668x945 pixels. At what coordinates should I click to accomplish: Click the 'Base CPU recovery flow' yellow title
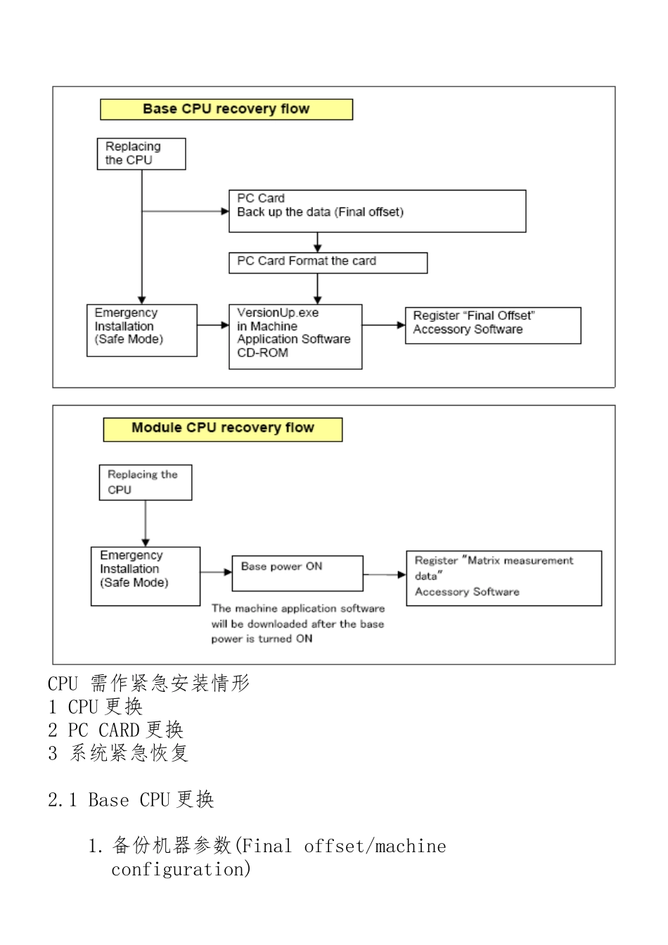[226, 109]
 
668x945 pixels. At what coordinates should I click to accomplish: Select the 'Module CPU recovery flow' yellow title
[222, 428]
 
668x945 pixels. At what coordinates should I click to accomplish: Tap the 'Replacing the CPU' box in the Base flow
[141, 153]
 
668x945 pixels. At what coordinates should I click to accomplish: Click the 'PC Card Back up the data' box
[377, 211]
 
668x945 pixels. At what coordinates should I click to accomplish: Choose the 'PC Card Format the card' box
[328, 262]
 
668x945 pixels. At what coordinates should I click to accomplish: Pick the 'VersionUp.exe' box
[295, 336]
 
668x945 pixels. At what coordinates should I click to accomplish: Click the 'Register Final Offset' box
[492, 325]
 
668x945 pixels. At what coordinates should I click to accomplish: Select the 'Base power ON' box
[297, 573]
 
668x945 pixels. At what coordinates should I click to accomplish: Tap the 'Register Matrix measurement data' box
[503, 578]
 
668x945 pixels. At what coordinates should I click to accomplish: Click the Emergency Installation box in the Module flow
[146, 576]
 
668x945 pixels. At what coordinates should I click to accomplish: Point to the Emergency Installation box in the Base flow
[141, 330]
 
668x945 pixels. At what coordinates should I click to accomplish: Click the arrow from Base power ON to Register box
[385, 574]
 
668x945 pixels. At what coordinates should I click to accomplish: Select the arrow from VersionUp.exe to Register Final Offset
[384, 326]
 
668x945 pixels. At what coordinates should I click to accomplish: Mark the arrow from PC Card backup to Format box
[318, 243]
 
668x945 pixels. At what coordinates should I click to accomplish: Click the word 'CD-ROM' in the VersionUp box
[262, 353]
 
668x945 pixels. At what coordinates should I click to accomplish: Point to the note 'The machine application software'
[298, 609]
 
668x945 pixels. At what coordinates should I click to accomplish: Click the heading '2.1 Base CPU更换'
[131, 800]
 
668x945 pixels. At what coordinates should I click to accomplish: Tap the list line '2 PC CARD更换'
[116, 731]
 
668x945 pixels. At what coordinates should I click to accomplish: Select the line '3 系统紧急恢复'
[118, 754]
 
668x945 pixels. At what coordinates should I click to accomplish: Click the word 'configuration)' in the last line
[181, 870]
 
